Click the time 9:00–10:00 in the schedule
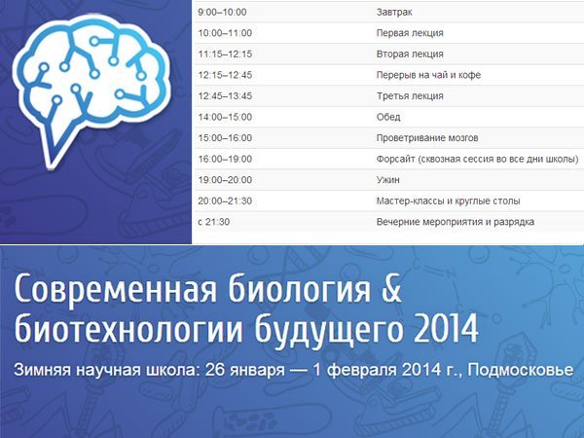coord(222,13)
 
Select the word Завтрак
coord(394,13)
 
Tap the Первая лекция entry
coord(410,33)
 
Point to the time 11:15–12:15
coord(225,54)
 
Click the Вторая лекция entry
coord(410,54)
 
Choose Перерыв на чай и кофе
coord(428,75)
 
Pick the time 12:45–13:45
coord(225,96)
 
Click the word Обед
coord(388,117)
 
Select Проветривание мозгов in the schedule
coord(427,138)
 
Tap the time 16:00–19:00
coord(225,159)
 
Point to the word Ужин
coord(387,180)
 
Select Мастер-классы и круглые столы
coord(448,201)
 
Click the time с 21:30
coord(214,222)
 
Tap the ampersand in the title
coord(391,288)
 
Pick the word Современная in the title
coord(115,289)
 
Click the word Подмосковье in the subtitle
coord(521,370)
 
